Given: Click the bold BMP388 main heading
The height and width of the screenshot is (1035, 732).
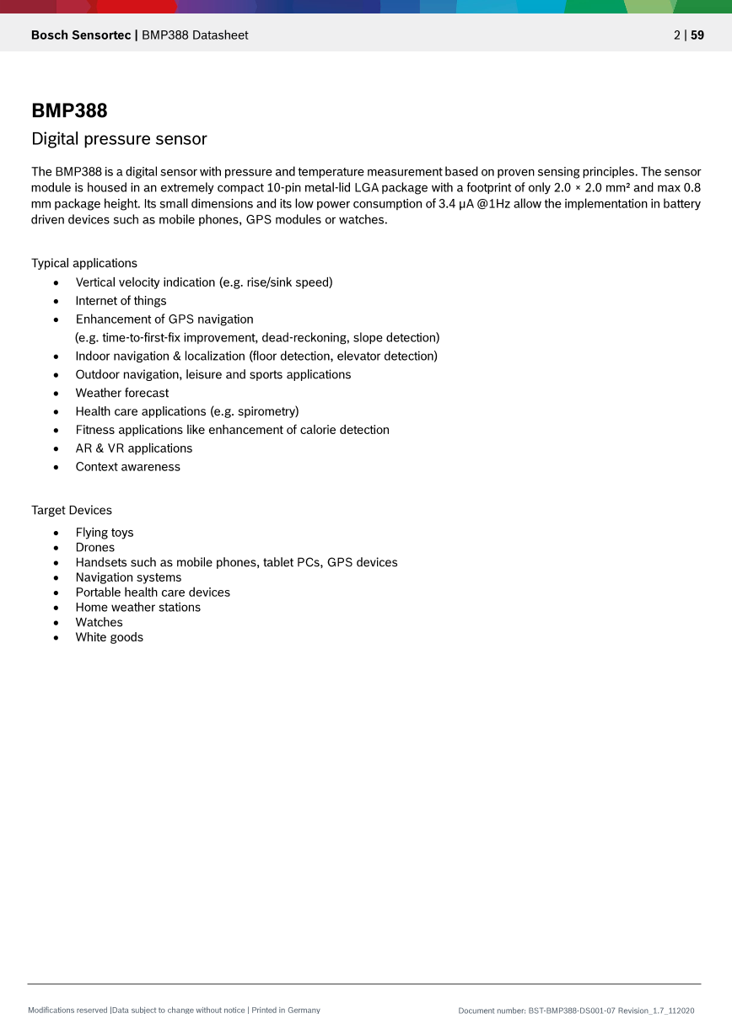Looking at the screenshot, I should (69, 110).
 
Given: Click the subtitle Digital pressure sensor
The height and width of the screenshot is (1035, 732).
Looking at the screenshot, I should (119, 139).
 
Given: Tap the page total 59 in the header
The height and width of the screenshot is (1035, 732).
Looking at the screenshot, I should (697, 35).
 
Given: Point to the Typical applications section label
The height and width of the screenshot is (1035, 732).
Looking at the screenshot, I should (84, 263).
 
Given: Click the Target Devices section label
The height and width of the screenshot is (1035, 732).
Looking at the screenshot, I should (72, 510).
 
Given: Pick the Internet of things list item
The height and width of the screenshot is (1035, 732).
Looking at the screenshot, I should (121, 301).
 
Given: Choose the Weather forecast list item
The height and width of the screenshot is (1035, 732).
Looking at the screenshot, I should (121, 393).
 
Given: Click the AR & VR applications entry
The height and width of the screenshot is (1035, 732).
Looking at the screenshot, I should (133, 448).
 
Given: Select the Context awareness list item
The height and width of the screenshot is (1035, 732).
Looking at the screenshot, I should (127, 467).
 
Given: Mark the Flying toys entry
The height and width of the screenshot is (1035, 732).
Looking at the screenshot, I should (105, 533).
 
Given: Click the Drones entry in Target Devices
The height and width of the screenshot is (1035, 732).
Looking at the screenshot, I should (94, 548).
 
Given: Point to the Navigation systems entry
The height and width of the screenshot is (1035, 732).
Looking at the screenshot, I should (128, 577).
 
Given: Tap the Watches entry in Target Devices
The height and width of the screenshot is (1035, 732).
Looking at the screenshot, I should (99, 622).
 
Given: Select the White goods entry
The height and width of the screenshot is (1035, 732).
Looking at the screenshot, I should (109, 637).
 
